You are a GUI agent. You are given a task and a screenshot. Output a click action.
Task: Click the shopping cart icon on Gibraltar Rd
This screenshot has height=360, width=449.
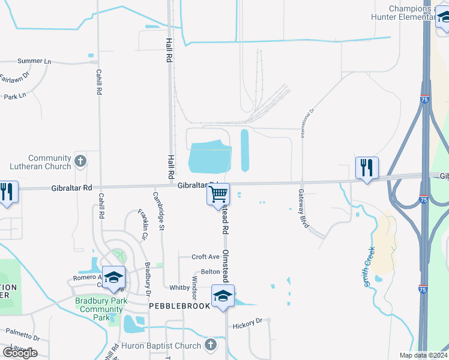[218, 194]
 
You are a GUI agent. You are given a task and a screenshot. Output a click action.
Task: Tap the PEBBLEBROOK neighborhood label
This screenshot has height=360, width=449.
[179, 305]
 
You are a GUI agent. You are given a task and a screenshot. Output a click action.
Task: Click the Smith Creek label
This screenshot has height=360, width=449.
[370, 266]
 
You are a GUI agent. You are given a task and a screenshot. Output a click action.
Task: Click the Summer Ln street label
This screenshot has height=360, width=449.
[34, 61]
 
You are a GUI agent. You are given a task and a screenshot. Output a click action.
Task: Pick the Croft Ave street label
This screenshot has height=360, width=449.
[205, 257]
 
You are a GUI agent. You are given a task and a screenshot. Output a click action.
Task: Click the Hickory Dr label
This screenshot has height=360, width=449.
[248, 323]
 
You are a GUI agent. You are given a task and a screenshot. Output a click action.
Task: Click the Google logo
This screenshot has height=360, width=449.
[20, 352]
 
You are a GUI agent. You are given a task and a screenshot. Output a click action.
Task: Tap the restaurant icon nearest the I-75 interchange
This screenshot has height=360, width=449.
[366, 167]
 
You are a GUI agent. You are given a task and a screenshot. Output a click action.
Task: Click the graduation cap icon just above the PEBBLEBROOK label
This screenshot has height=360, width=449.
[222, 295]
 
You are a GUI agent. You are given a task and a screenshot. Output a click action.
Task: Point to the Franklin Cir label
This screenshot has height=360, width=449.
[142, 224]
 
